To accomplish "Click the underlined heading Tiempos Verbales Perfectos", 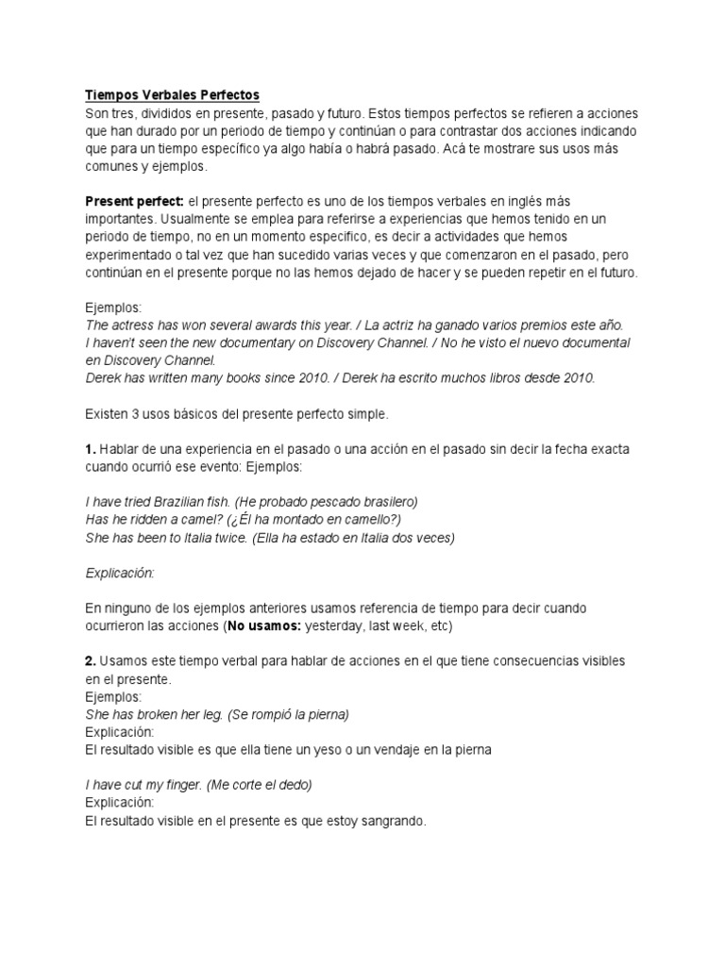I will pyautogui.click(x=172, y=95).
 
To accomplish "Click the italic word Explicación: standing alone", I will pyautogui.click(x=119, y=574).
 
